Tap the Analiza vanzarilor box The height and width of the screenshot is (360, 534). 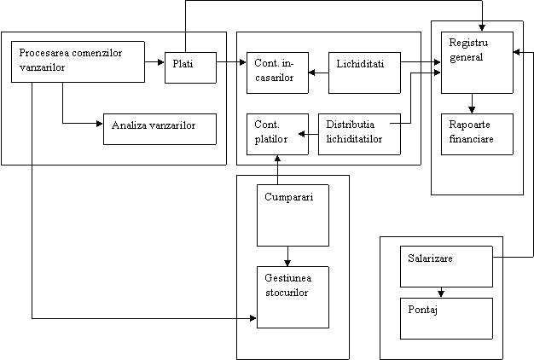click(x=159, y=129)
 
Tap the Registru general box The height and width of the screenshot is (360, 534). click(x=477, y=62)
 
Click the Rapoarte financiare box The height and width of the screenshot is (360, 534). click(x=477, y=134)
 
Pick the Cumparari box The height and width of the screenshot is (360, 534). click(x=293, y=215)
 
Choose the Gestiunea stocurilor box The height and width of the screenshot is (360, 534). click(x=293, y=297)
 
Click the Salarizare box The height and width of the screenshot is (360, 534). click(x=446, y=266)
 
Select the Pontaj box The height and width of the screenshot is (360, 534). click(x=446, y=318)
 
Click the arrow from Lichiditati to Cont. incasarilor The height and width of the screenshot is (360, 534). click(x=318, y=73)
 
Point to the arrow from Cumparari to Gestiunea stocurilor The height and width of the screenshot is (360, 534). click(x=288, y=255)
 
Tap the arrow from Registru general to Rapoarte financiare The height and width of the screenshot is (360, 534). click(x=472, y=103)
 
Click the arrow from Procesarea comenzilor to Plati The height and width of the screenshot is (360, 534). click(x=154, y=62)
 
